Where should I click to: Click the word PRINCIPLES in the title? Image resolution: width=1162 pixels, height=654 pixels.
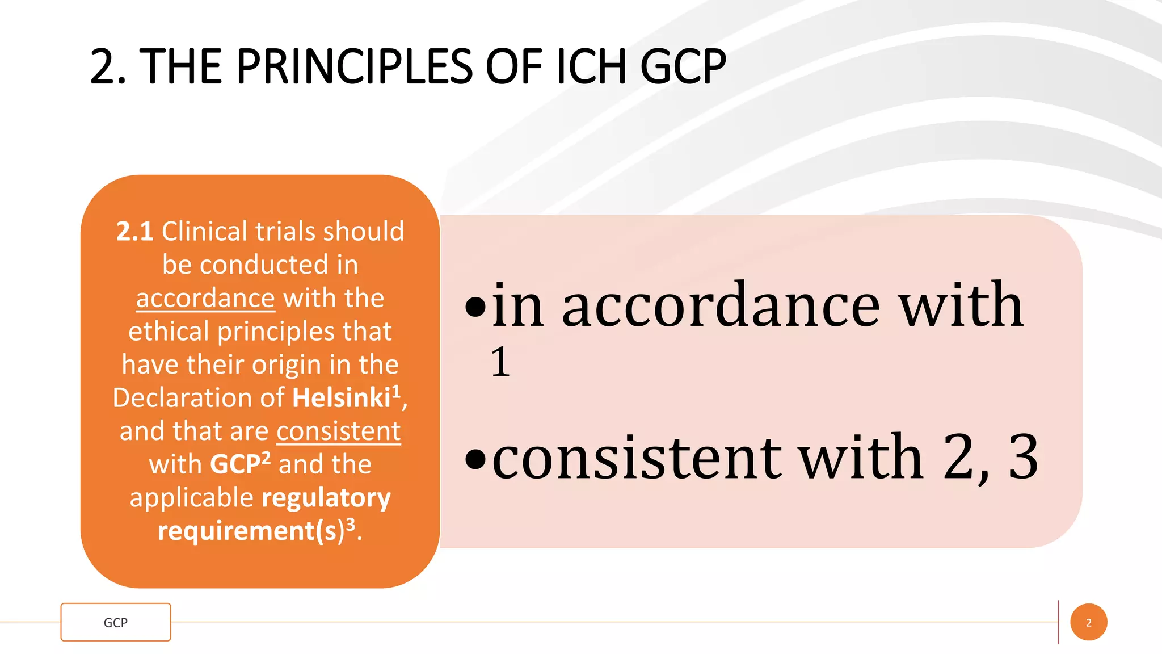354,67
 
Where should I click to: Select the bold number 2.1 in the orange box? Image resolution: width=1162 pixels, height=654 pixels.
134,232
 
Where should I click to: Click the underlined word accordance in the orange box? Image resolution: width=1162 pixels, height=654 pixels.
205,299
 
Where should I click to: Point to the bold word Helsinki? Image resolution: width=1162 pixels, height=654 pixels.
342,398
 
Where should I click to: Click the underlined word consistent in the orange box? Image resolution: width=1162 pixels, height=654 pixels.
339,431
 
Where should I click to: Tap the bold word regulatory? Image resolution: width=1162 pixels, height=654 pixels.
326,498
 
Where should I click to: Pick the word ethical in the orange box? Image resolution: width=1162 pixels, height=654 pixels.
169,332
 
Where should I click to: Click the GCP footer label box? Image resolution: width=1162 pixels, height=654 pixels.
116,622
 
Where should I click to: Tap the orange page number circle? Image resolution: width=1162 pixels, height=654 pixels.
1088,622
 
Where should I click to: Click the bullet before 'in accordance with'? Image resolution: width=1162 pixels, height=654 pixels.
475,308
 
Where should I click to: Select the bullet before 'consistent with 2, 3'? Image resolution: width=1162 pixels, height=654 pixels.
475,459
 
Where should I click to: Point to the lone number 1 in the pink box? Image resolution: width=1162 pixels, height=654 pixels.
500,362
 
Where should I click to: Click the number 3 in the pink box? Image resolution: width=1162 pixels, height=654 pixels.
1023,458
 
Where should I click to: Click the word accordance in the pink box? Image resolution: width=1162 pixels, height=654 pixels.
721,307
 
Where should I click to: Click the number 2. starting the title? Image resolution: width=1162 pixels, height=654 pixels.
108,67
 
